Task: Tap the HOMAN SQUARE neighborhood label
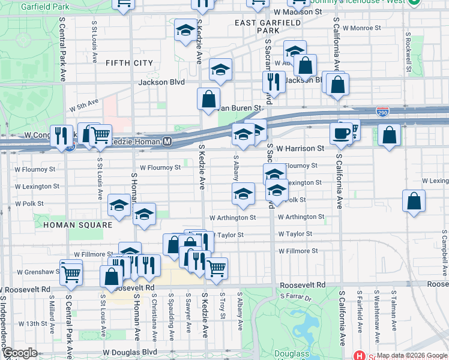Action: [77, 225]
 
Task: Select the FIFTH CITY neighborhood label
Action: [128, 63]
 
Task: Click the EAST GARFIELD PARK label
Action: [259, 26]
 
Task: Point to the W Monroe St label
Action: [361, 28]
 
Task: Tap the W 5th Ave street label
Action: [83, 106]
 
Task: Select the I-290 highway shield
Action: [382, 112]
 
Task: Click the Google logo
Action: [19, 353]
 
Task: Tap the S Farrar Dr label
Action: [295, 297]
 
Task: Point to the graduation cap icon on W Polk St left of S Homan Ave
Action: [119, 205]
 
